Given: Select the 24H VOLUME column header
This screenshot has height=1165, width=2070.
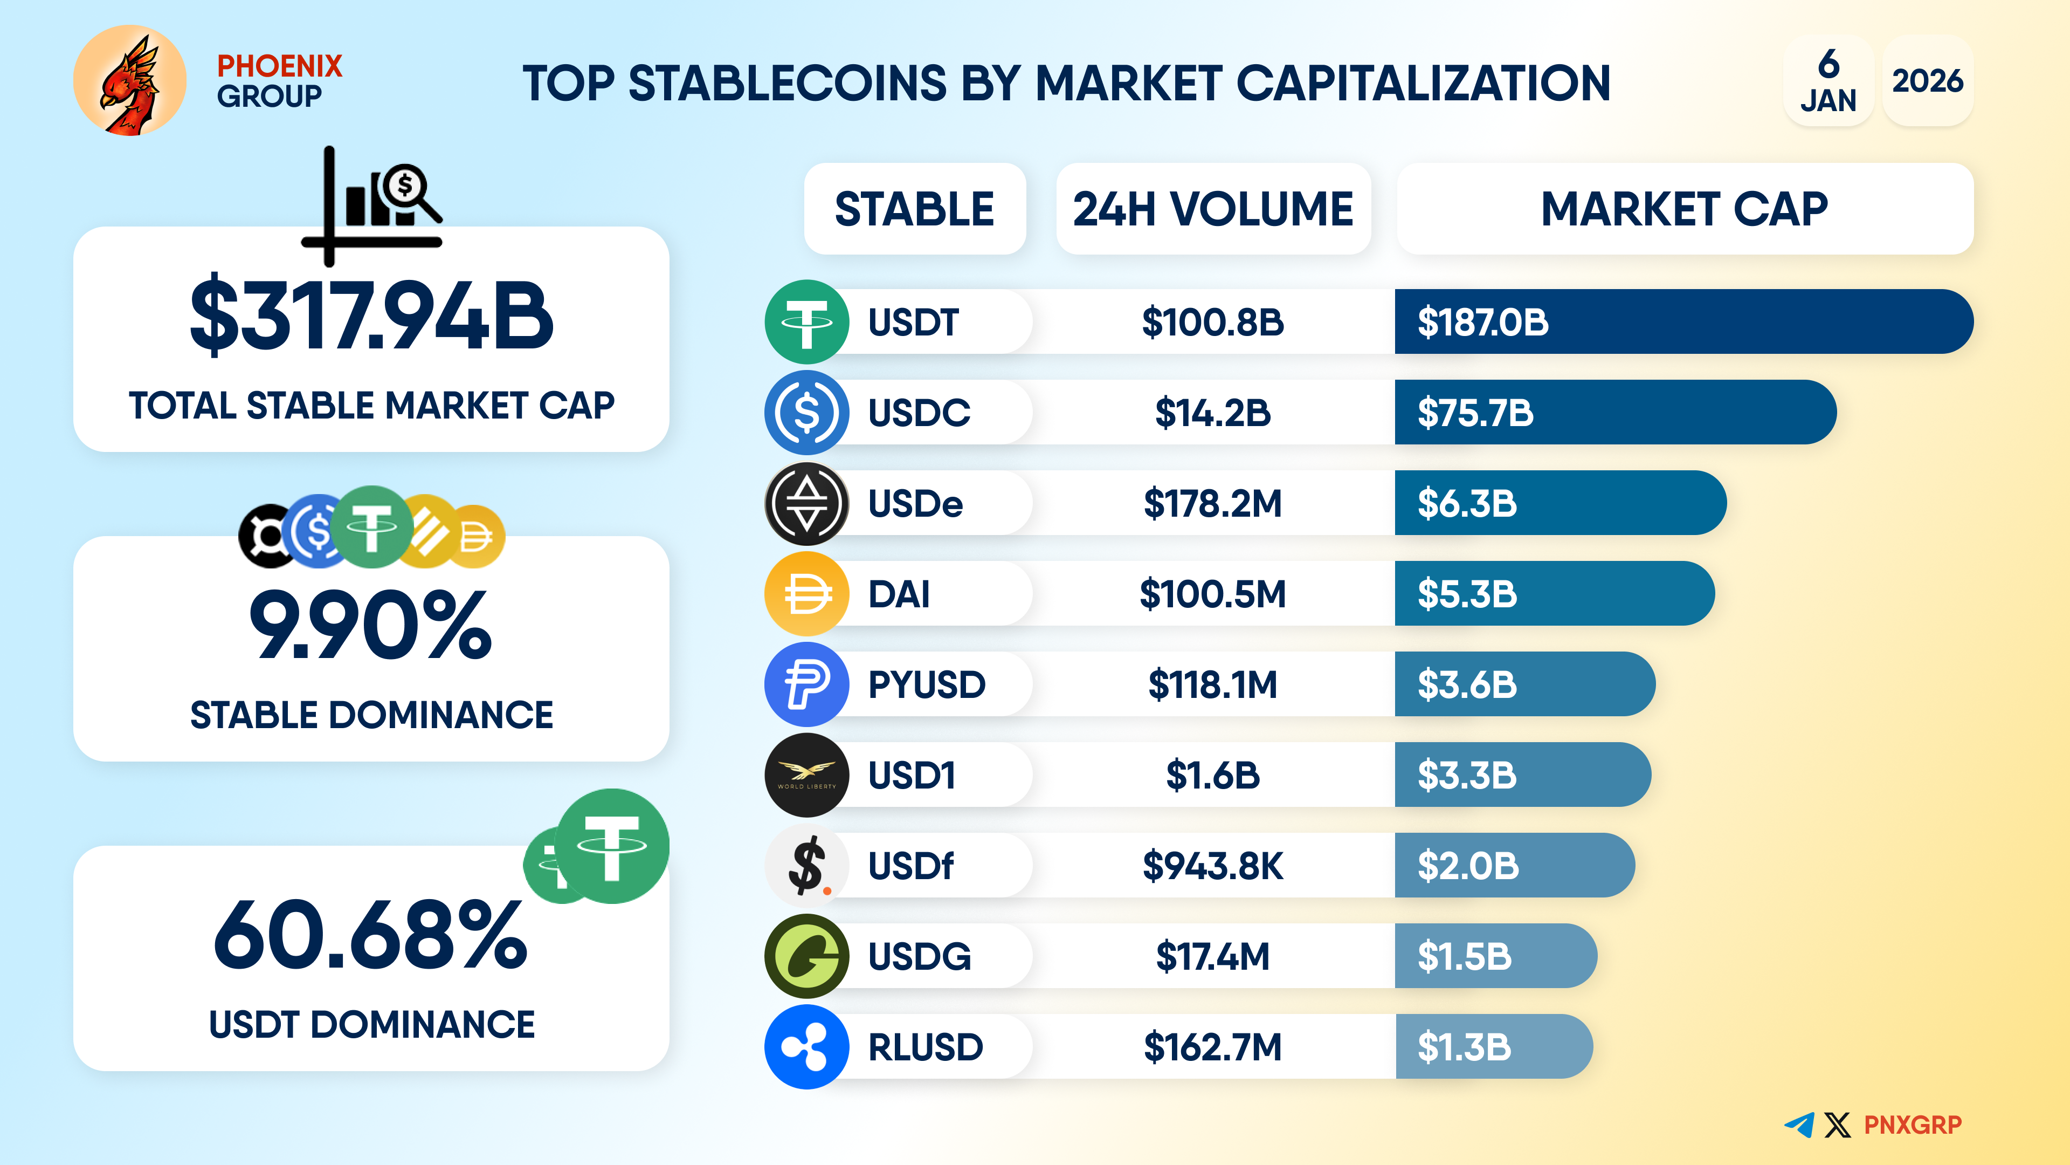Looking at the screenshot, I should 1212,209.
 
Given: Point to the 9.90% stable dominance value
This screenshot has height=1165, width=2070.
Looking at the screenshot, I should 370,625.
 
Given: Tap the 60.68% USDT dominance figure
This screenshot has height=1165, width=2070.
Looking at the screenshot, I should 370,935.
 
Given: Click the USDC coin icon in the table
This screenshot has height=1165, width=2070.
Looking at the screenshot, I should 806,413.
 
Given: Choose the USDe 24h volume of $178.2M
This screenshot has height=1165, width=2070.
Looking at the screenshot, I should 1212,503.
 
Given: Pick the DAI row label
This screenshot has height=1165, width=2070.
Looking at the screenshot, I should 899,594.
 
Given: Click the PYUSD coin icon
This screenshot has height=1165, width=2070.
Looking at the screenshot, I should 806,684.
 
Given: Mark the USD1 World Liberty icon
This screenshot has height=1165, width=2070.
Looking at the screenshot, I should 806,775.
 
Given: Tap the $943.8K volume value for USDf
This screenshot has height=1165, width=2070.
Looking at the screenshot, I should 1212,866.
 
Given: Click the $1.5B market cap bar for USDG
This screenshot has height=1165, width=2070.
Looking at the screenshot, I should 1495,956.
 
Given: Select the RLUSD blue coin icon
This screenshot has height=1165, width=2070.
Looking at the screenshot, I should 806,1047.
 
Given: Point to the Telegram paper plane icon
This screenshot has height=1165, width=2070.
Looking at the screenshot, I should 1799,1124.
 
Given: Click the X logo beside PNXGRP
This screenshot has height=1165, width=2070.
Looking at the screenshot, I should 1837,1125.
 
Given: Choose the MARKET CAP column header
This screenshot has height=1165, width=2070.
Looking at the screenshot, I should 1684,209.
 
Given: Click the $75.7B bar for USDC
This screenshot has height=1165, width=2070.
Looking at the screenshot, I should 1614,413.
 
